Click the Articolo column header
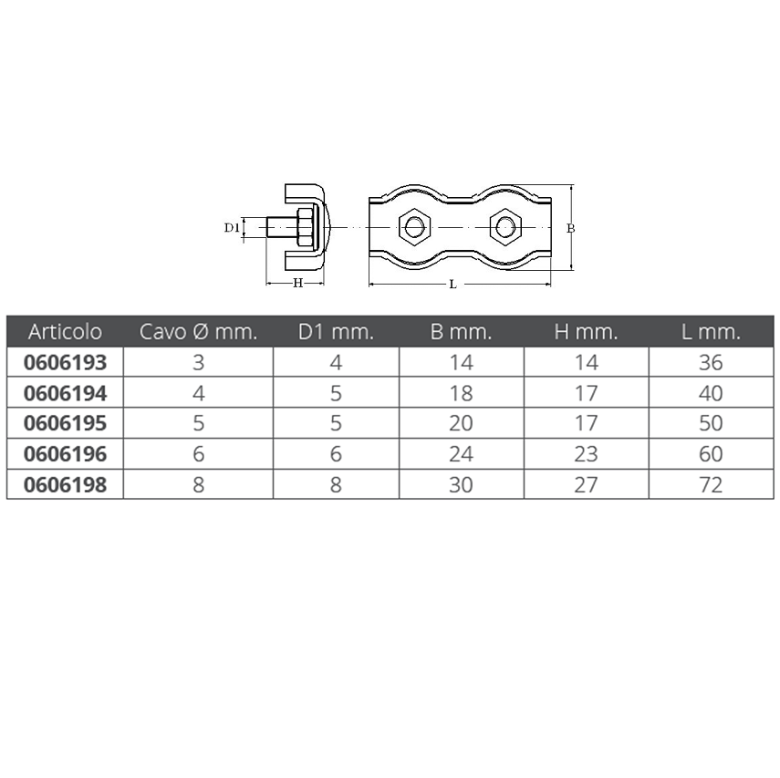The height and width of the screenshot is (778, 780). pyautogui.click(x=65, y=332)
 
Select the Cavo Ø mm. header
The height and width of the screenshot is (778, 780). pyautogui.click(x=198, y=332)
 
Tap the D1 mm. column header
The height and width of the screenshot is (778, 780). pyautogui.click(x=336, y=332)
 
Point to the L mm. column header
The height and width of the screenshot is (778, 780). pyautogui.click(x=711, y=332)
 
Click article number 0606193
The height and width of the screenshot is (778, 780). pyautogui.click(x=65, y=363)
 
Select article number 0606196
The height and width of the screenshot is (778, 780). pyautogui.click(x=65, y=454)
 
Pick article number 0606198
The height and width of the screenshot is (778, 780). pyautogui.click(x=65, y=485)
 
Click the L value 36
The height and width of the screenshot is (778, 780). pyautogui.click(x=711, y=363)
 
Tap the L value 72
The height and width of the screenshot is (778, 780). pyautogui.click(x=711, y=485)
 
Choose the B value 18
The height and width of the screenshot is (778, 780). pyautogui.click(x=461, y=393)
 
